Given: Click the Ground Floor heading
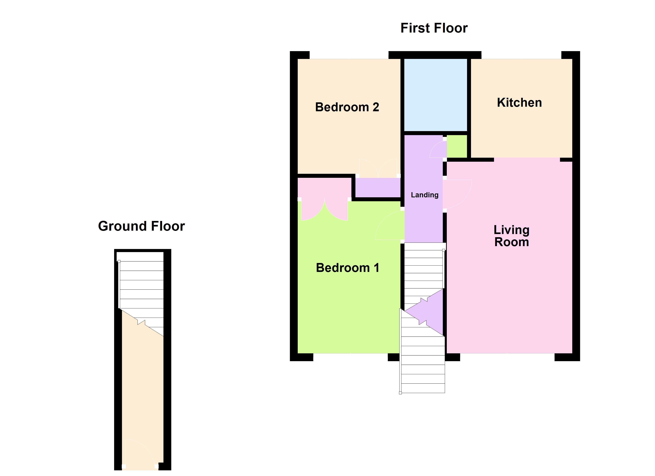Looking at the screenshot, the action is coord(142,226).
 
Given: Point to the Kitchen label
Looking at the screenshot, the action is coord(519,103).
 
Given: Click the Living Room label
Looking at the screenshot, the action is coord(511,236).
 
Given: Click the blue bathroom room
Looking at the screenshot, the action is coord(435,95).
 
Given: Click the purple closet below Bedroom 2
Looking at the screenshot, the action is coord(378,188).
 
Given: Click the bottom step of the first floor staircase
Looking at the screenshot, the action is coord(423,388).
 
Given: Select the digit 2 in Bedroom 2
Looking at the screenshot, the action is coord(376,107).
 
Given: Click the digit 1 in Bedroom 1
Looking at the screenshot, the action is coord(376,268).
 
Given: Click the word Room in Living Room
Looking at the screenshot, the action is coord(512,242).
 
